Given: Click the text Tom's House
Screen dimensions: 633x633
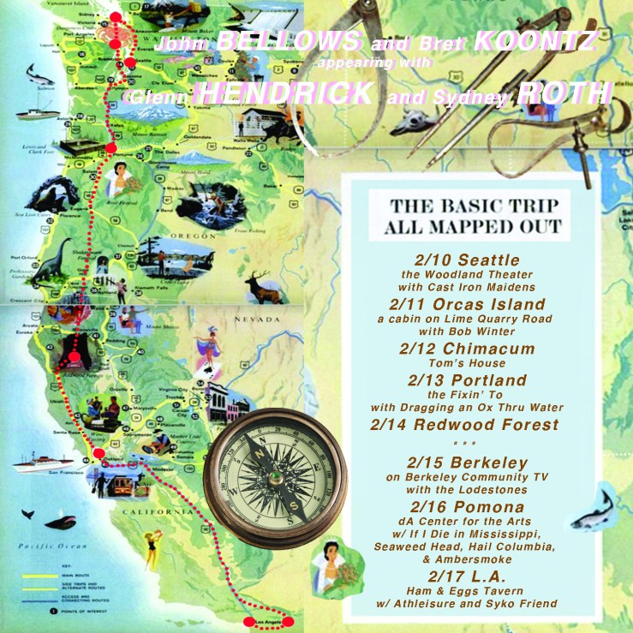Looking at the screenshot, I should pos(466,363).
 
